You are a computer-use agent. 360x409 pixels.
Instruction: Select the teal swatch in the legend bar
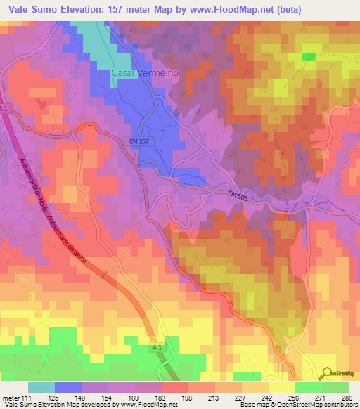pyautogui.click(x=41, y=387)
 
